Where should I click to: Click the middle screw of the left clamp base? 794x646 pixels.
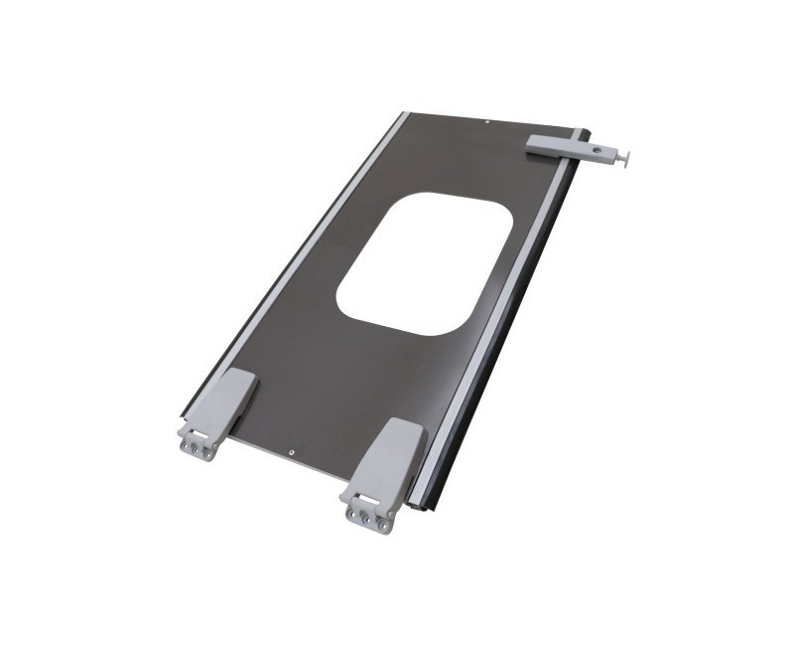click(198, 449)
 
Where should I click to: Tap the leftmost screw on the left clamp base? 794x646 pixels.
click(186, 446)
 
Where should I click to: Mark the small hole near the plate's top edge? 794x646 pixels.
click(488, 122)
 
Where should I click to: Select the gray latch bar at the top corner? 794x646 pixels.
click(561, 147)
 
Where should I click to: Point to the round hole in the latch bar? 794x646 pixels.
click(597, 151)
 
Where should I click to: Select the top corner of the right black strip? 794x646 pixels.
click(590, 129)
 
